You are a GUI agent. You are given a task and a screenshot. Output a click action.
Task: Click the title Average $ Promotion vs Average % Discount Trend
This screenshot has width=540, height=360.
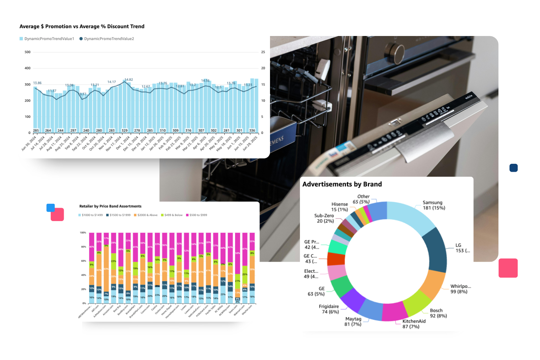tap(82, 27)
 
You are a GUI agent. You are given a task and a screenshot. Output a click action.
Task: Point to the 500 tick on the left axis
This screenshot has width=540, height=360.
tap(28, 52)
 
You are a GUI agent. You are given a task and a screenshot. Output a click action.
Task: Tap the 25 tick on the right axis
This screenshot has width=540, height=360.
tap(263, 52)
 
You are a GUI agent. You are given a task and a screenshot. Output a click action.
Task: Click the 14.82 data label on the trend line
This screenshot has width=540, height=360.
tap(129, 80)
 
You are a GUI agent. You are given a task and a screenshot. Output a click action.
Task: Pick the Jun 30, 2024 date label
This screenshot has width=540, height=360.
tap(29, 143)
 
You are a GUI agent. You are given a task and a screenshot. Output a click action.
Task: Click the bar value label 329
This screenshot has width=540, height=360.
tap(125, 131)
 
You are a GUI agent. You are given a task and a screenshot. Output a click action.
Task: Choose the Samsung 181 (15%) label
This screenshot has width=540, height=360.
tap(433, 205)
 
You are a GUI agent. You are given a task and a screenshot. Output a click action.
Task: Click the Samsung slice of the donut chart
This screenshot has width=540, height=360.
tap(410, 216)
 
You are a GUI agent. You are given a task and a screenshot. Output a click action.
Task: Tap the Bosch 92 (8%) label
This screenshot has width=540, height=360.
tap(438, 313)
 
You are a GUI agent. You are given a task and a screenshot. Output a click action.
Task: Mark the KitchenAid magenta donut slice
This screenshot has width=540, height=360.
tap(394, 311)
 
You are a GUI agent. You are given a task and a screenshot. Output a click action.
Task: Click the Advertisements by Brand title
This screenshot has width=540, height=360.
tap(342, 184)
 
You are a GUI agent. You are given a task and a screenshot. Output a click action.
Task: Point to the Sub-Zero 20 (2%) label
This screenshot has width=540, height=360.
tap(324, 219)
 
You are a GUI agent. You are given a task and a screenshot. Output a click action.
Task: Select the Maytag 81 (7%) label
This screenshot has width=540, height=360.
tap(353, 321)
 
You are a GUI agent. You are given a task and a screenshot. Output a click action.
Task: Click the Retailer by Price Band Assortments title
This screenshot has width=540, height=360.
tap(110, 206)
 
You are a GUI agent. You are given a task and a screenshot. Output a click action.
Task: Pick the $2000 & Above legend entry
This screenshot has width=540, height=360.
tap(147, 215)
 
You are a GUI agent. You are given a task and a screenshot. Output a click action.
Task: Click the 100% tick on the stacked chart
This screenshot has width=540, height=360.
tap(83, 233)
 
